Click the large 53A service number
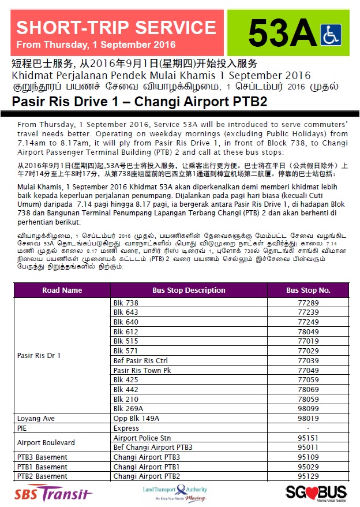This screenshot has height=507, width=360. (x=283, y=33)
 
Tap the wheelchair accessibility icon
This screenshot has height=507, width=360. (x=331, y=34)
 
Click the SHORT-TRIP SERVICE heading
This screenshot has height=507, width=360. (x=116, y=27)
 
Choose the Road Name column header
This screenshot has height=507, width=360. (x=62, y=290)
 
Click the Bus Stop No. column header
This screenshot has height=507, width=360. (x=308, y=290)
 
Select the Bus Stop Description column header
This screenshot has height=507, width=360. (x=189, y=290)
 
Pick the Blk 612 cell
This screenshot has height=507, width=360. (x=126, y=331)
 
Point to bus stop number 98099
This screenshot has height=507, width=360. (x=308, y=408)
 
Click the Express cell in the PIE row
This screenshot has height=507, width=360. (x=126, y=428)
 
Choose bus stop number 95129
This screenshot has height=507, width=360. (x=308, y=476)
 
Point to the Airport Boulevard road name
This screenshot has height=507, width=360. (x=46, y=443)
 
